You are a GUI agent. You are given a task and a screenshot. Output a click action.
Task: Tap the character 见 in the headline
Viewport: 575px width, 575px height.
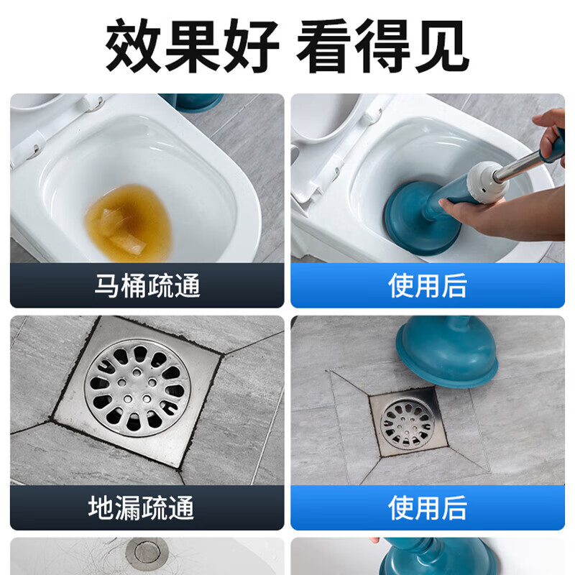tap(441, 45)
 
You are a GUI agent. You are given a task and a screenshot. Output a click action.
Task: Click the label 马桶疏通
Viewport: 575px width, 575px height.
tap(147, 285)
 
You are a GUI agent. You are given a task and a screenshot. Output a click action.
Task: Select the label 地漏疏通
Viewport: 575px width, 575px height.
tap(140, 507)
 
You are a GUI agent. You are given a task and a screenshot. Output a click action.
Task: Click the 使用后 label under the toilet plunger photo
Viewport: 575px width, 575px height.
tap(427, 285)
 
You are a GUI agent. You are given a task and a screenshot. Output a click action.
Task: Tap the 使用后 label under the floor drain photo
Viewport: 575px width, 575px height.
tap(427, 507)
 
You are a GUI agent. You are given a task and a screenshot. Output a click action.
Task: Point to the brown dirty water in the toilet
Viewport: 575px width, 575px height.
tap(129, 223)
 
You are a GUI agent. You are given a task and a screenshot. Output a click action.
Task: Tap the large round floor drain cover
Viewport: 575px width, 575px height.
tap(137, 388)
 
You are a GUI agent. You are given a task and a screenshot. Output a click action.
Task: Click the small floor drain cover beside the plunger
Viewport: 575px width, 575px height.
tap(408, 423)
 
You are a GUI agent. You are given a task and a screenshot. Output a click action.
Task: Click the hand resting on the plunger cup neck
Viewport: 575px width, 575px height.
tap(495, 216)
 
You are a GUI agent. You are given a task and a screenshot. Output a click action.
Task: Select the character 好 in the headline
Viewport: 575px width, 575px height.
tap(252, 45)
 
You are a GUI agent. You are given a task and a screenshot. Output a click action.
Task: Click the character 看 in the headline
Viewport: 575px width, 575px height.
tap(323, 45)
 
